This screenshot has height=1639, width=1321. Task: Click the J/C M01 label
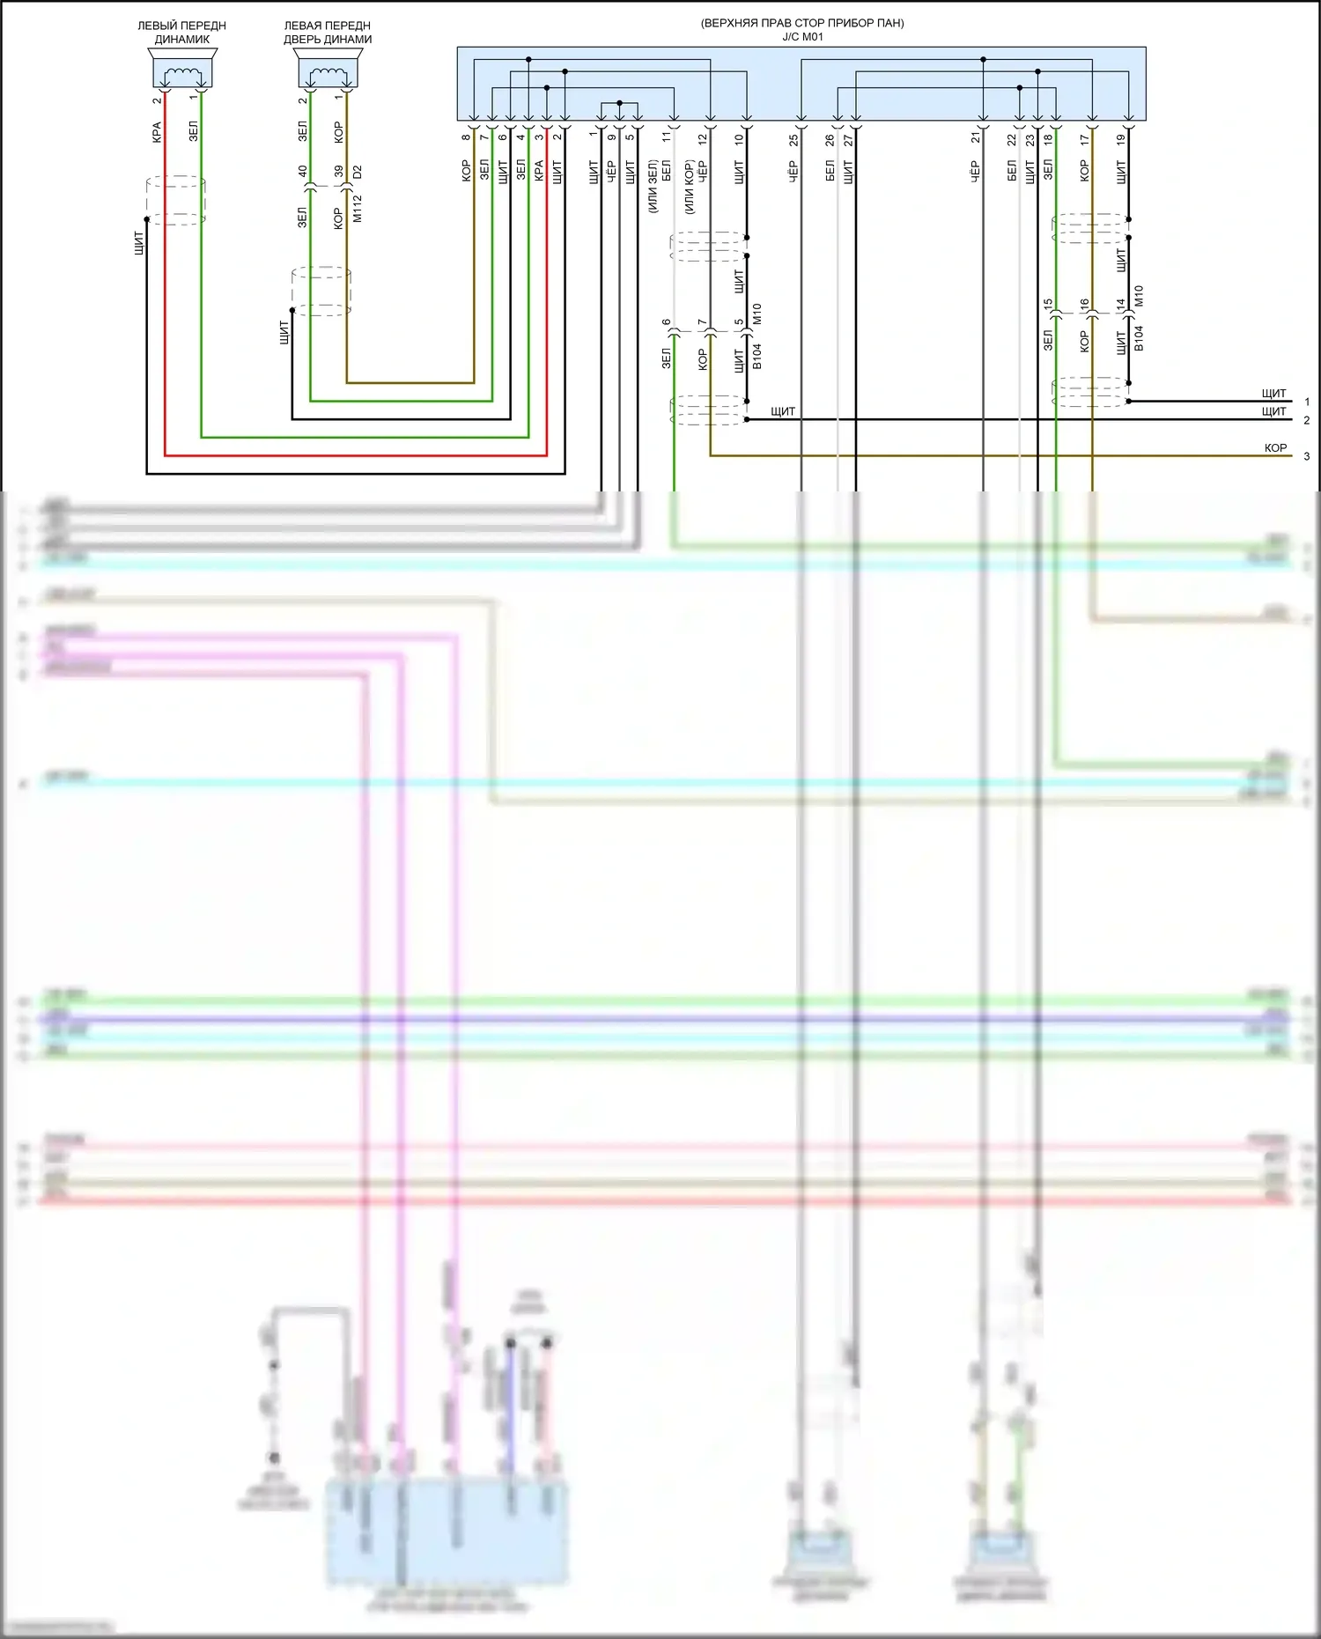[x=802, y=37]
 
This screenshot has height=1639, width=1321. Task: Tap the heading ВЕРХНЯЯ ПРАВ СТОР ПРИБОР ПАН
[x=802, y=23]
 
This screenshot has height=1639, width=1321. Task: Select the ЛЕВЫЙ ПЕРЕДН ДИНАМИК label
[x=181, y=33]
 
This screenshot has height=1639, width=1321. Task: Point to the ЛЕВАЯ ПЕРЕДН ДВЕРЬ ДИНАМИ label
[x=328, y=33]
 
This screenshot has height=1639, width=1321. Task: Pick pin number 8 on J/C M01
[x=466, y=137]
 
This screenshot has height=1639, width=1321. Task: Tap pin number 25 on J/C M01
[x=793, y=139]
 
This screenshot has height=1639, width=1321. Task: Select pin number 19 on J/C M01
[x=1121, y=139]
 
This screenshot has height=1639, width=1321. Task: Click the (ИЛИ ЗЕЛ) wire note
[x=653, y=186]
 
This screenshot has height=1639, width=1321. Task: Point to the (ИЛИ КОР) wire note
[x=690, y=186]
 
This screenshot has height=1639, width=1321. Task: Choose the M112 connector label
[x=358, y=209]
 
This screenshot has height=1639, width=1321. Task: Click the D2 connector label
[x=358, y=172]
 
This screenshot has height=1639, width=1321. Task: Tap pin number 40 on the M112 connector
[x=303, y=171]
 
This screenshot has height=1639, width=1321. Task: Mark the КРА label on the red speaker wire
[x=157, y=132]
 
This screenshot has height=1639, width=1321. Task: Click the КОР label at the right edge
[x=1275, y=448]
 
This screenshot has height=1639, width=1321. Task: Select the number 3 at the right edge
[x=1307, y=456]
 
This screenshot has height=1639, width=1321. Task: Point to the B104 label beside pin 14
[x=1139, y=338]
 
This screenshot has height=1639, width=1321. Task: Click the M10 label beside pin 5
[x=757, y=314]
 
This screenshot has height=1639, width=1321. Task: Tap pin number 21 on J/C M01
[x=976, y=138]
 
